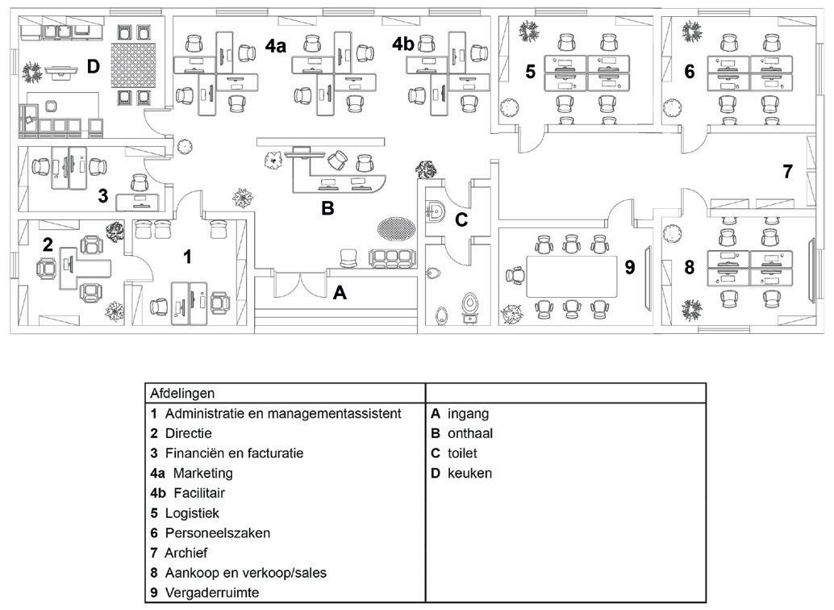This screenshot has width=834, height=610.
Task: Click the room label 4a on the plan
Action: pyautogui.click(x=276, y=47)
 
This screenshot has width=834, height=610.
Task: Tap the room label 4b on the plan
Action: pyautogui.click(x=402, y=44)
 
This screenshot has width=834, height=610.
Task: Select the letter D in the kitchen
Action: pyautogui.click(x=94, y=67)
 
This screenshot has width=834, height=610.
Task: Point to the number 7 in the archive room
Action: pyautogui.click(x=788, y=171)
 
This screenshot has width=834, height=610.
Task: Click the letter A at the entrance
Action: pyautogui.click(x=340, y=294)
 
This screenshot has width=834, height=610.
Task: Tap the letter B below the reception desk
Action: pyautogui.click(x=327, y=207)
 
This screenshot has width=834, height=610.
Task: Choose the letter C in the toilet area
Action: pyautogui.click(x=461, y=219)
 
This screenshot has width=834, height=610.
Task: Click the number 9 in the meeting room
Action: pyautogui.click(x=630, y=267)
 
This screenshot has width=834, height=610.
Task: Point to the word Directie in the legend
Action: pyautogui.click(x=188, y=433)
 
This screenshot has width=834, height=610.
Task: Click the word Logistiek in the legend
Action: pyautogui.click(x=192, y=513)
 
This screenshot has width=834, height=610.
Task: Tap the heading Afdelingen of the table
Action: pyautogui.click(x=182, y=394)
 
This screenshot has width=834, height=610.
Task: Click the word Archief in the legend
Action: pyautogui.click(x=186, y=553)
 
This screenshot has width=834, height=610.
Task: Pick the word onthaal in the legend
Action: pyautogui.click(x=470, y=433)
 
